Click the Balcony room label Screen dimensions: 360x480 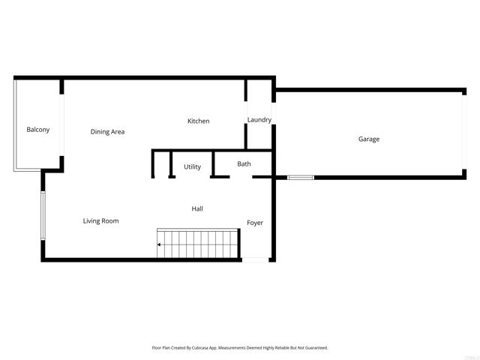[x=38, y=130]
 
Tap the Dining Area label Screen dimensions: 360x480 [x=107, y=132]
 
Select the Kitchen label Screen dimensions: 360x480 [x=198, y=121]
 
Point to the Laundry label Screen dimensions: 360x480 [x=259, y=120]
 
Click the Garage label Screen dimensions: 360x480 [x=368, y=139]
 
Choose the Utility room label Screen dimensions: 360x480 [x=192, y=166]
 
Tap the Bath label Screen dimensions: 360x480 [x=244, y=163]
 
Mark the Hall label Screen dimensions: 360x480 [x=197, y=208]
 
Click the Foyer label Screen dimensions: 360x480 [x=255, y=223]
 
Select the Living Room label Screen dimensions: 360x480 [x=100, y=220]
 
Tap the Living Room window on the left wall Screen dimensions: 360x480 [x=43, y=216]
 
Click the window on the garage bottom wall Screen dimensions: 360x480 [x=301, y=178]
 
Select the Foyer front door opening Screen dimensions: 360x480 [x=255, y=259]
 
